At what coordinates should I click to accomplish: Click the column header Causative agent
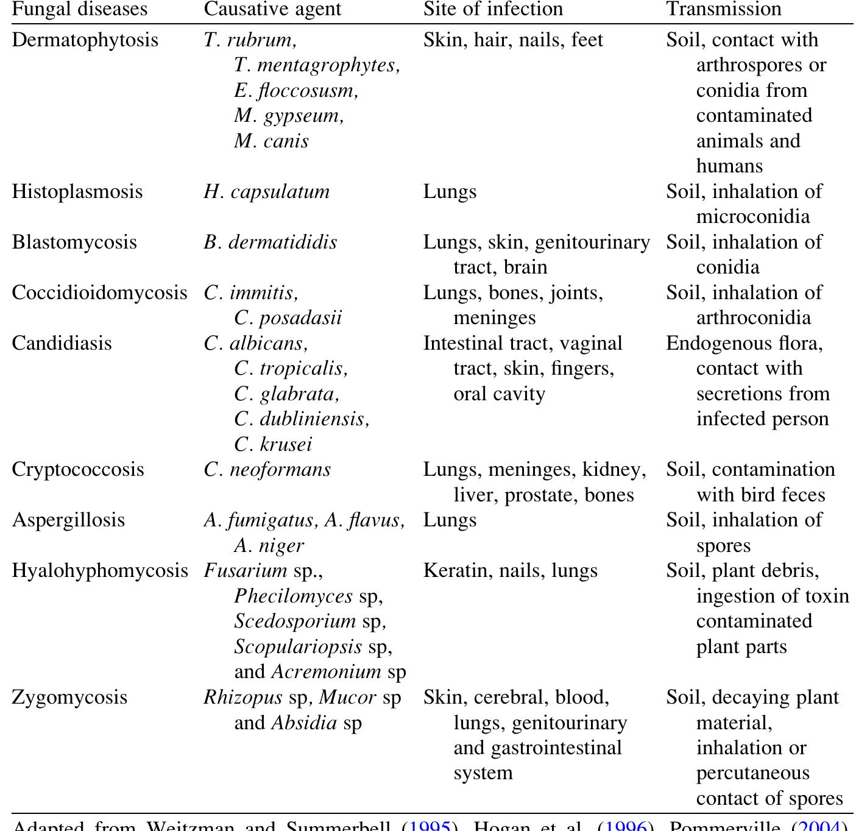272,9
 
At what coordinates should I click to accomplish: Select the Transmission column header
723,9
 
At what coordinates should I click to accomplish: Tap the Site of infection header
493,9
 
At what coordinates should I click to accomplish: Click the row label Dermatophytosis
85,40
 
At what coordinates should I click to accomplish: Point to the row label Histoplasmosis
77,191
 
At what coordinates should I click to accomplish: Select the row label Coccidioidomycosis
99,292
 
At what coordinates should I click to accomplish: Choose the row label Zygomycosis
69,697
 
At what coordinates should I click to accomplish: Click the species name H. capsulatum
266,191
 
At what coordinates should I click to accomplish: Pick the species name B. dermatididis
270,242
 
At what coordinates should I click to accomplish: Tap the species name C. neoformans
267,469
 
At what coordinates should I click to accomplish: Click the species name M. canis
271,141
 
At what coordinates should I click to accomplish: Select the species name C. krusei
273,444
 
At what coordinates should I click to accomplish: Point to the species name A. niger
269,545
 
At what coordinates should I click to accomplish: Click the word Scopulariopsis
298,646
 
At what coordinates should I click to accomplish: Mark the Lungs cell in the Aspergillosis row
450,520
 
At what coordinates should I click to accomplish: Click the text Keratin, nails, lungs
510,570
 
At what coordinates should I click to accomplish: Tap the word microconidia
753,217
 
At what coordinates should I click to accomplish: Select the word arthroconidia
754,318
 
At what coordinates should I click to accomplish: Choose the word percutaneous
752,773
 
